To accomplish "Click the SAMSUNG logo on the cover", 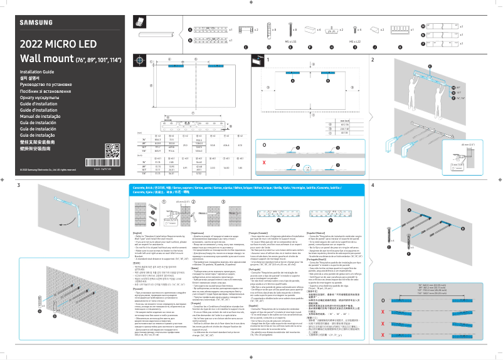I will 36,24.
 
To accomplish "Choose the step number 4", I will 373,186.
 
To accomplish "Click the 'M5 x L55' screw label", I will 291,41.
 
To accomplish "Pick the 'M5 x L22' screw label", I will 354,41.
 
